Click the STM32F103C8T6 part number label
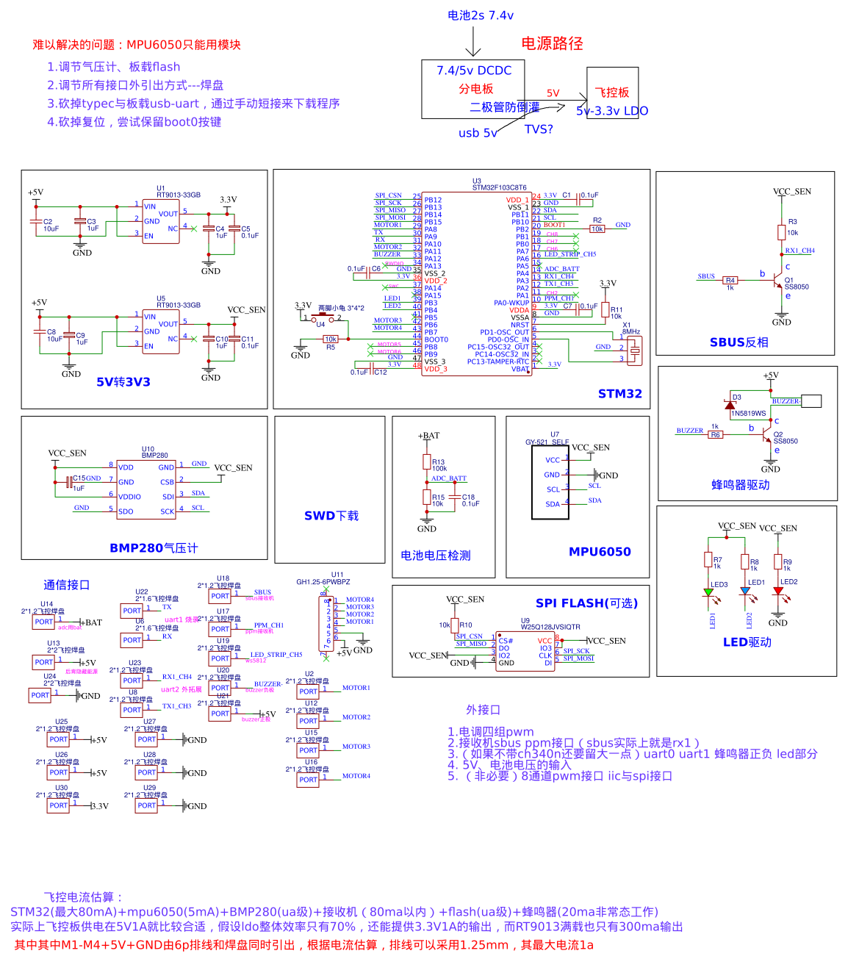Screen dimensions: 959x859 click(x=499, y=187)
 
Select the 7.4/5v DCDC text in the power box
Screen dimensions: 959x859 click(x=474, y=71)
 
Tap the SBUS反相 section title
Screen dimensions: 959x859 click(x=738, y=342)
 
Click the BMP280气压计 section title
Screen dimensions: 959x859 click(x=154, y=548)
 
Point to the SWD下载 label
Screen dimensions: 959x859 click(x=331, y=516)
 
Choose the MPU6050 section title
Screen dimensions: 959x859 click(x=600, y=552)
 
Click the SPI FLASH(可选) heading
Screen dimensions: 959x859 click(x=586, y=603)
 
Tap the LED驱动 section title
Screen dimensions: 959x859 click(x=747, y=642)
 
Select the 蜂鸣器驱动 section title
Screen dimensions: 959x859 click(x=740, y=485)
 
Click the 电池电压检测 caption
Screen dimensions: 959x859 click(x=435, y=556)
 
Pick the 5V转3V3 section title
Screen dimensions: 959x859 click(x=123, y=382)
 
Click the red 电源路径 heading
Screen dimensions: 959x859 click(x=552, y=43)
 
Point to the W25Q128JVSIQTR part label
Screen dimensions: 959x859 click(x=550, y=627)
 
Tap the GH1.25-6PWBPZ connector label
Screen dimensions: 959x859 click(x=323, y=582)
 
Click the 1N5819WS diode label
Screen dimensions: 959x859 click(x=748, y=413)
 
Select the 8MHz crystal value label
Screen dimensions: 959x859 click(x=631, y=331)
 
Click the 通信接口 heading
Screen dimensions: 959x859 click(x=66, y=585)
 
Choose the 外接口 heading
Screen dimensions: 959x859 click(x=483, y=710)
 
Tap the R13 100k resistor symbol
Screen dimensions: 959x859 click(x=427, y=461)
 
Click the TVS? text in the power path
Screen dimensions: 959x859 click(x=539, y=129)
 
